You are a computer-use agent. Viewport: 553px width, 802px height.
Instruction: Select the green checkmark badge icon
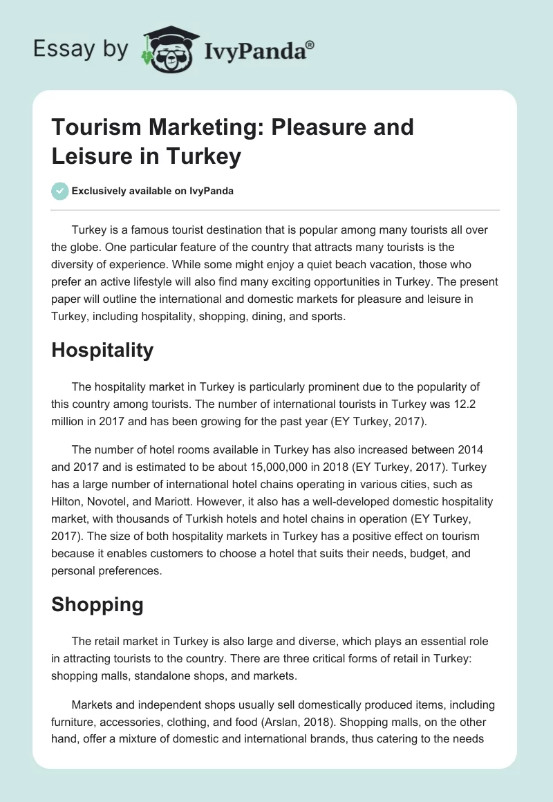(60, 191)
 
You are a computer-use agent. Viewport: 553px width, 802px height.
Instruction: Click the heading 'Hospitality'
(102, 350)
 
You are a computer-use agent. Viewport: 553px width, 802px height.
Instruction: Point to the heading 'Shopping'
(97, 604)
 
